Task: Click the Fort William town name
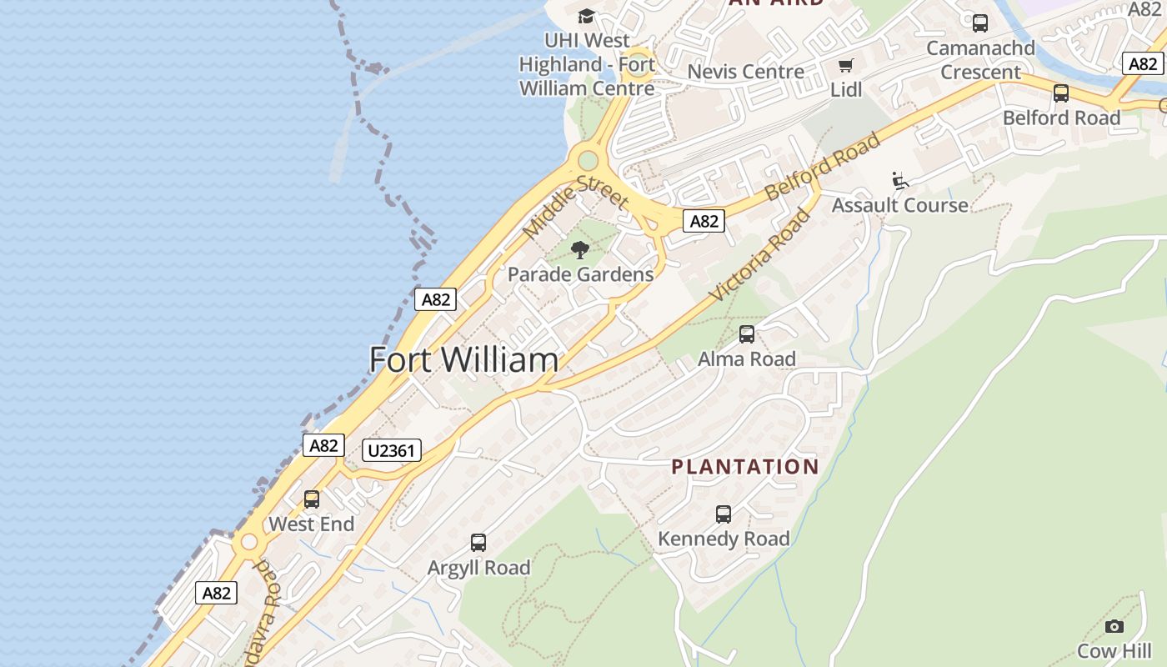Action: (x=463, y=360)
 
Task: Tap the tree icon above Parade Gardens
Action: (x=580, y=249)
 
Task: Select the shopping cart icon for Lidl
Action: (x=846, y=66)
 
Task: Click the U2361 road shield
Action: (x=392, y=451)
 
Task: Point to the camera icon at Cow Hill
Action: (x=1114, y=626)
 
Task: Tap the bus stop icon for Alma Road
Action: (x=747, y=334)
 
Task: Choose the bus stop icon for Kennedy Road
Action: (x=724, y=514)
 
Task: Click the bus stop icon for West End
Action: (x=312, y=499)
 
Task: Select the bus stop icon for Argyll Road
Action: (x=478, y=543)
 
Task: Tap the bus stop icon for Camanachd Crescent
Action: (x=980, y=23)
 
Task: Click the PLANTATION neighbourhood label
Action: (x=745, y=467)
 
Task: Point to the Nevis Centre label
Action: (x=745, y=72)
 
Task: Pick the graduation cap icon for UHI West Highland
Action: (x=587, y=17)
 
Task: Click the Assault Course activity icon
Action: (x=900, y=180)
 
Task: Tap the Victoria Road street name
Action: (x=759, y=256)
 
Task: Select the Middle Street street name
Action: (x=575, y=208)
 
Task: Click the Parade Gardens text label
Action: (x=580, y=274)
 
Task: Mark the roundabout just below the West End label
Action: (x=248, y=543)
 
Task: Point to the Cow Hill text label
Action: (x=1114, y=650)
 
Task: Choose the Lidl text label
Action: (x=846, y=89)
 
